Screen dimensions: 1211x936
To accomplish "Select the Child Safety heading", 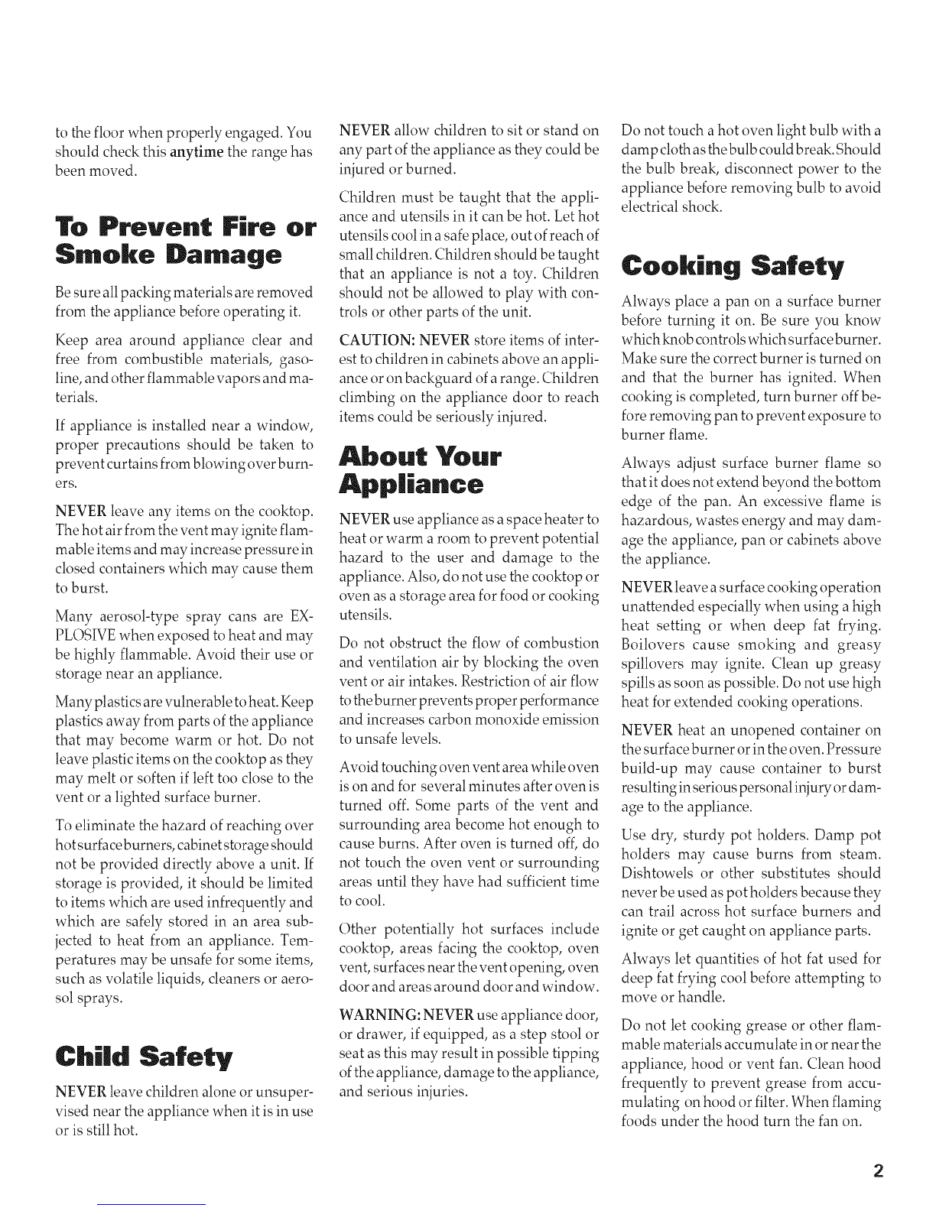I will click(144, 1059).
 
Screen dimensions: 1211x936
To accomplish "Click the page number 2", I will click(878, 1171).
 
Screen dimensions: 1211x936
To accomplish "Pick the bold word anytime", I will click(197, 151).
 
